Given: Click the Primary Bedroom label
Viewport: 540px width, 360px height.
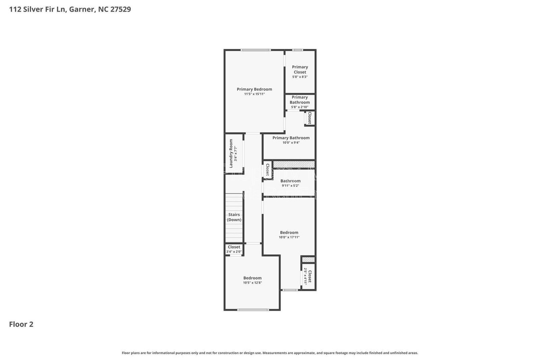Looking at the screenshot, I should (254, 89).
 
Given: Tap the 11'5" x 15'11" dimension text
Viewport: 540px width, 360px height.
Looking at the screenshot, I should (254, 94).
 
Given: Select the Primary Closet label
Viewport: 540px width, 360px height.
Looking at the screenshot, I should (300, 70).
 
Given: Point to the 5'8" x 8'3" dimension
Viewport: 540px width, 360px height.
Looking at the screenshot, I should (300, 77).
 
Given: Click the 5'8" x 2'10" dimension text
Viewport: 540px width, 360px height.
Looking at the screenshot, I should (299, 107).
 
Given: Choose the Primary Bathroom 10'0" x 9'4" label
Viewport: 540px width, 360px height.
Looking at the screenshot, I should (291, 138).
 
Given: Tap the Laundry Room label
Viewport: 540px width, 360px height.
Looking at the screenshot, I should (231, 154).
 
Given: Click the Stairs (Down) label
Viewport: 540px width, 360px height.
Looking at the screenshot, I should (234, 217).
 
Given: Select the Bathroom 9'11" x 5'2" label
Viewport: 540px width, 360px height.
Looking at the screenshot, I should (290, 181).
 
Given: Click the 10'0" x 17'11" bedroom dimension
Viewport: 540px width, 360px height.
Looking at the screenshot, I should (289, 237).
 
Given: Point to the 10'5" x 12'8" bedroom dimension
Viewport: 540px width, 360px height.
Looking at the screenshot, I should (252, 283).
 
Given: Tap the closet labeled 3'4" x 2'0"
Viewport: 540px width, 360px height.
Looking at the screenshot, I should (234, 249).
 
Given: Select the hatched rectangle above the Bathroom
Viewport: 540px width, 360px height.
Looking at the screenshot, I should (294, 164).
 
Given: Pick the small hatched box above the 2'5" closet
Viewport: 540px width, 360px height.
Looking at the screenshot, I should (308, 259).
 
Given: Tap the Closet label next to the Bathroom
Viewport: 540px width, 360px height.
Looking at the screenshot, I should (268, 170).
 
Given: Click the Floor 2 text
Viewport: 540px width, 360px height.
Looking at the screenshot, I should (21, 324).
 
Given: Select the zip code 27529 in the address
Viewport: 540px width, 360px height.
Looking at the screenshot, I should (120, 9).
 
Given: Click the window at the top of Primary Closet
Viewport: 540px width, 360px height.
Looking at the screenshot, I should (297, 50).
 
